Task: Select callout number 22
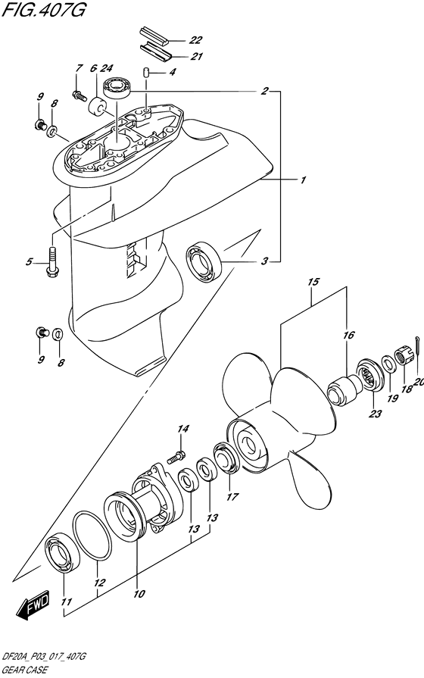pos(195,39)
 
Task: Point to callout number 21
pos(195,56)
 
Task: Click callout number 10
pos(139,595)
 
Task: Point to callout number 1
pos(301,180)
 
